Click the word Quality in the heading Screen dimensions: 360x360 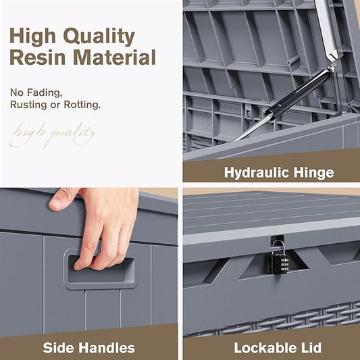coord(99,36)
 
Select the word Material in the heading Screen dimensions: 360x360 coord(115,57)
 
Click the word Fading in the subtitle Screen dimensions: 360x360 coord(45,93)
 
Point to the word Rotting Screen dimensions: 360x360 coord(82,105)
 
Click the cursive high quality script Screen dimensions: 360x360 coord(53,135)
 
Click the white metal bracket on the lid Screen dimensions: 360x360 coord(326,28)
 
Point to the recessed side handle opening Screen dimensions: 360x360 coord(101,270)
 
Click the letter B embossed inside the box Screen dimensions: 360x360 coord(205,121)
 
